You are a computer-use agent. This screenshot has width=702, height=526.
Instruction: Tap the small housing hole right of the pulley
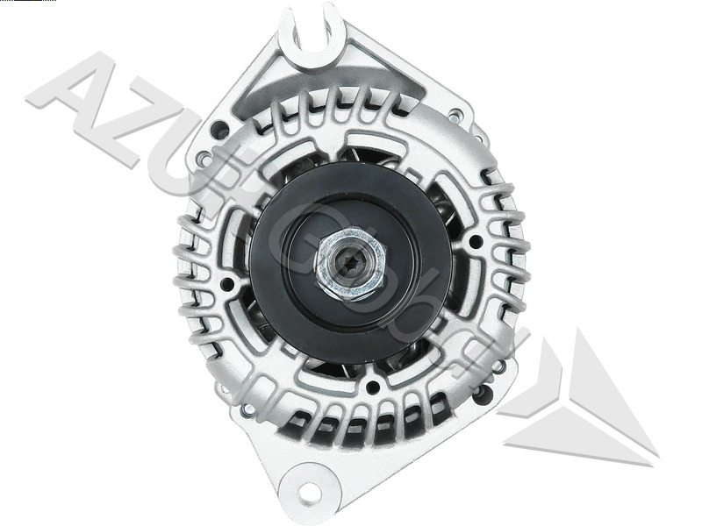tap(476, 240)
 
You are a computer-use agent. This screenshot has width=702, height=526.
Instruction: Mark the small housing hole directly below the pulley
tap(373, 387)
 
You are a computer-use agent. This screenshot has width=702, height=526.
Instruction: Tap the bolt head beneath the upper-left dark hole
tap(204, 159)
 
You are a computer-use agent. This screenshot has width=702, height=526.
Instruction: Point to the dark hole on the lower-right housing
tap(482, 394)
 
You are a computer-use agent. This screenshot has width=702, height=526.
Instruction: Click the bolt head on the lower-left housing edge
tap(248, 409)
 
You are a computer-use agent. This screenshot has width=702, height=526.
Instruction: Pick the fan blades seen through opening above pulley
tap(369, 154)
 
